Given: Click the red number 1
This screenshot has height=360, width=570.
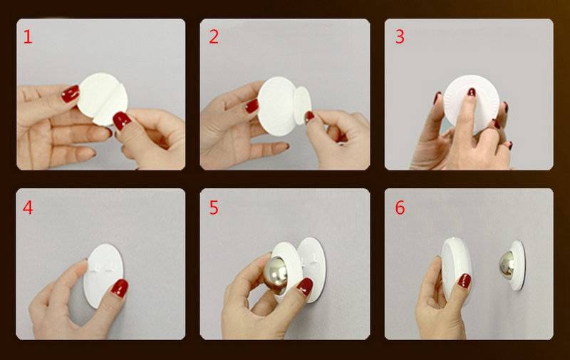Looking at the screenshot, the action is (x=28, y=37).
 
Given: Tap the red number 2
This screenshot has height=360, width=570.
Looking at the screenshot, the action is (x=214, y=37).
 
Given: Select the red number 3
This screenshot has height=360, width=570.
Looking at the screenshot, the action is (x=400, y=37).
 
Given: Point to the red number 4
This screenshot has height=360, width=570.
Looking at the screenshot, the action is (x=28, y=207).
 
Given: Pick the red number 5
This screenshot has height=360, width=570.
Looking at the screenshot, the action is (x=214, y=207).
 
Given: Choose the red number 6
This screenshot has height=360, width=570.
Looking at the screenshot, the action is (x=400, y=207).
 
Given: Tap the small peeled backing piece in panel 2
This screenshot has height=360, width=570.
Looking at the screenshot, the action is (x=302, y=105).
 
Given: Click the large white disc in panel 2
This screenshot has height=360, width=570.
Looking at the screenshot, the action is (x=277, y=106).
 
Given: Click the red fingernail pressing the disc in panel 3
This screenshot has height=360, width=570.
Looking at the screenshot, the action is (x=471, y=92).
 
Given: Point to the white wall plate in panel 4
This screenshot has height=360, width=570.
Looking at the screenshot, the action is (x=103, y=275).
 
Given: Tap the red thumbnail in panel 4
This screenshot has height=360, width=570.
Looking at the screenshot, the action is (x=119, y=287).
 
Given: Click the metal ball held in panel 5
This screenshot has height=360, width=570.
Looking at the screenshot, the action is (x=275, y=275).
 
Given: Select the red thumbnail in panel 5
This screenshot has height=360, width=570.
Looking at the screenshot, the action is (x=305, y=287).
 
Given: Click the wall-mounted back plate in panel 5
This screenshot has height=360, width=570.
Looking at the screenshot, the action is (x=313, y=269).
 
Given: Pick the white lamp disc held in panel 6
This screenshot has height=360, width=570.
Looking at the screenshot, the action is (x=456, y=269).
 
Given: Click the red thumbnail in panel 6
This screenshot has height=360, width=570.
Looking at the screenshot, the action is (x=465, y=281).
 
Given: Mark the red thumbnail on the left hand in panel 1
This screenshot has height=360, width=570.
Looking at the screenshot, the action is (x=70, y=94).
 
